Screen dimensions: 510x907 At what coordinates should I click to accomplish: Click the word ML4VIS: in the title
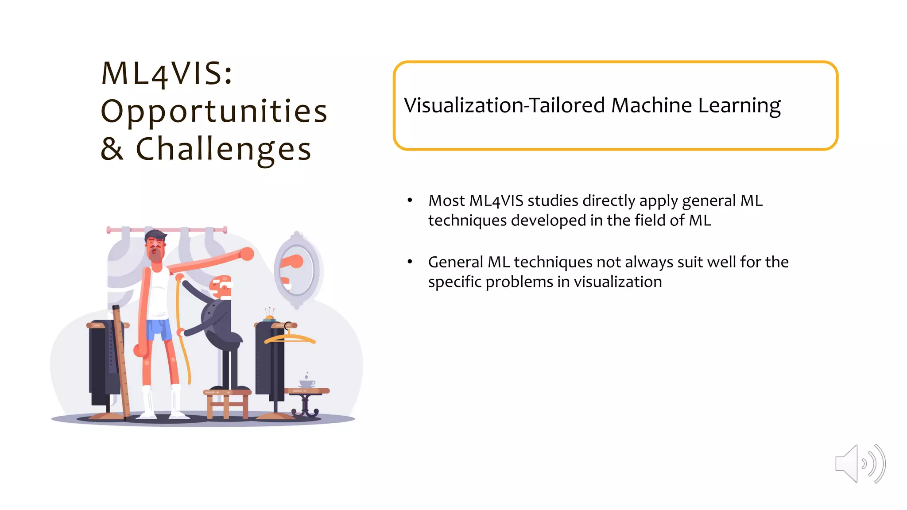167,73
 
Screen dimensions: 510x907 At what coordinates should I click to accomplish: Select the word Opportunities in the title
214,111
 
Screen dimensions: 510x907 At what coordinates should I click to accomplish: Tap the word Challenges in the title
224,149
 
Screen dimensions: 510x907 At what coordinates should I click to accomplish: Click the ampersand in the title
112,149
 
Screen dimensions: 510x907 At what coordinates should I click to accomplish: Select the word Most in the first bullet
446,201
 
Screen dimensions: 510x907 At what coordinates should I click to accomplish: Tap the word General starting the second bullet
455,263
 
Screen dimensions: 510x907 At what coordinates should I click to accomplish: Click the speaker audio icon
860,464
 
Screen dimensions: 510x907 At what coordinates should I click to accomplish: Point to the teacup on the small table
307,383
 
